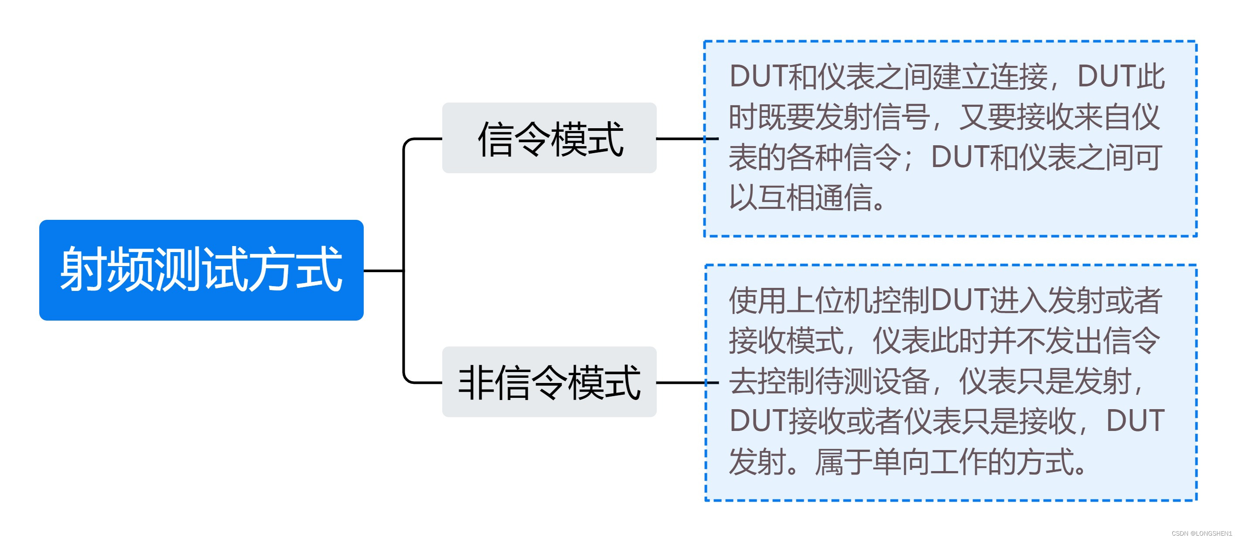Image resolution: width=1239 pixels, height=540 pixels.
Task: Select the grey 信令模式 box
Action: [549, 138]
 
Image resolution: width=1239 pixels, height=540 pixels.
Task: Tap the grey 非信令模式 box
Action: [549, 382]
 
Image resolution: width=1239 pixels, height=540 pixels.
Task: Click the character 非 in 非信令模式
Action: [476, 383]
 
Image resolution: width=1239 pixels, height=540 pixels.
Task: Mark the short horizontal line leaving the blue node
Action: [383, 271]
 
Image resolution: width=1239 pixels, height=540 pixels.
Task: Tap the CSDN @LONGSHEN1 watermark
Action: [1201, 533]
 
